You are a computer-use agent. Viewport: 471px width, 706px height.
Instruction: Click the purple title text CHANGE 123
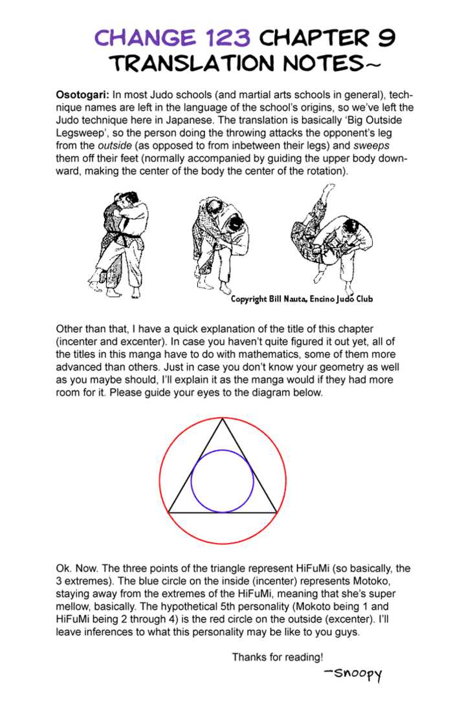[172, 38]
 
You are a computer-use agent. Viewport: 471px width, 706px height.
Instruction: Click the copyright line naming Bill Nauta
[301, 299]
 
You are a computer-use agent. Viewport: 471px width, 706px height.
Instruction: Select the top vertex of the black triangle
[223, 419]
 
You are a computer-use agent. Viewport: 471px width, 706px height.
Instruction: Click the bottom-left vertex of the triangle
[169, 513]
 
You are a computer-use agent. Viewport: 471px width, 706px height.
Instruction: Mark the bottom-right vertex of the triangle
[277, 513]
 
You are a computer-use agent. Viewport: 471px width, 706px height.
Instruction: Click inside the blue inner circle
[223, 482]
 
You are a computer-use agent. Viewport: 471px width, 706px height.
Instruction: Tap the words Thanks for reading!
[278, 658]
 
